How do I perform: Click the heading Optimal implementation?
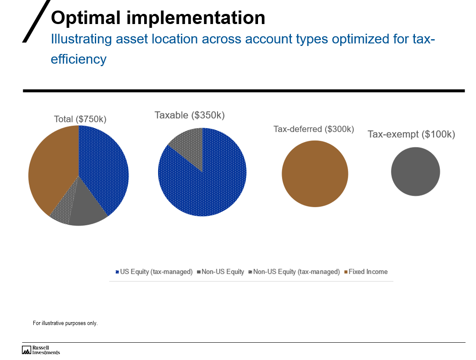[x=158, y=18]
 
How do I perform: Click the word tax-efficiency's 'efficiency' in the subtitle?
[x=78, y=59]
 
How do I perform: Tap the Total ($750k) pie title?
[x=80, y=119]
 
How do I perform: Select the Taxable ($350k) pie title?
[x=190, y=115]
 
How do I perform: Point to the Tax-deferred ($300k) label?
[x=314, y=129]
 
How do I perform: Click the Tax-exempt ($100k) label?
[x=411, y=134]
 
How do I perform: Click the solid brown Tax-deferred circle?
[x=315, y=174]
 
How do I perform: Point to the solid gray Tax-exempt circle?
[x=415, y=172]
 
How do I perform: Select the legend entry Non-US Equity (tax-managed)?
[x=296, y=272]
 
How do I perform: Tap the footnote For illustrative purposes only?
[x=65, y=323]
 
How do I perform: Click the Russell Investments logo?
[x=41, y=350]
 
